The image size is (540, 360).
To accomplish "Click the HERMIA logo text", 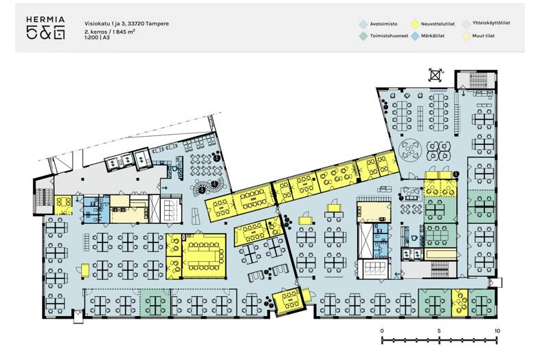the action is coord(45,20).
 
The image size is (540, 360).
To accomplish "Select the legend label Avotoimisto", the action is coord(383,24).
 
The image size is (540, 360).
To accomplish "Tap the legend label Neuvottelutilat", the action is coord(438,24).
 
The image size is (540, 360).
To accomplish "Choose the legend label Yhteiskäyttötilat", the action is coord(491,23).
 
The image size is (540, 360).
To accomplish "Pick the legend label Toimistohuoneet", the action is coord(389,36).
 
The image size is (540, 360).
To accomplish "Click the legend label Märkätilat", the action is coord(433,36).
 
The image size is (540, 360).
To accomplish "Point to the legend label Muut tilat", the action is coord(484,36).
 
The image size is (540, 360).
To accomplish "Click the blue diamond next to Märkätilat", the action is coord(415,36).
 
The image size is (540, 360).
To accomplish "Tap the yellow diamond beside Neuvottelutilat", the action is coord(415,24).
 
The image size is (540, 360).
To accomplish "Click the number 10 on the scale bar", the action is coord(497,331).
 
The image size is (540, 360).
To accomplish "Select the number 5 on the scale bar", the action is coord(439,331).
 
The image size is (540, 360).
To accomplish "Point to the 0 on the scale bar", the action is coord(382,331).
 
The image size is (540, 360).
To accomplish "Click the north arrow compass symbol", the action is coord(436,75).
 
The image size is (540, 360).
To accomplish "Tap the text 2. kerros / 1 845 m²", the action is coord(110,32).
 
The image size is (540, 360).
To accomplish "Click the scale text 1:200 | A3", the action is coord(97,37).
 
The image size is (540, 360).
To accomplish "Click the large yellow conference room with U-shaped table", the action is coord(204,256).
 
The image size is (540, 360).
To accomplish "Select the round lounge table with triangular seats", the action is coord(410,150).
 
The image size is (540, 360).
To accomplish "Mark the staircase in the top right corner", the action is coord(476,80).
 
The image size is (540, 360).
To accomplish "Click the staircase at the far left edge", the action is coord(44,201).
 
